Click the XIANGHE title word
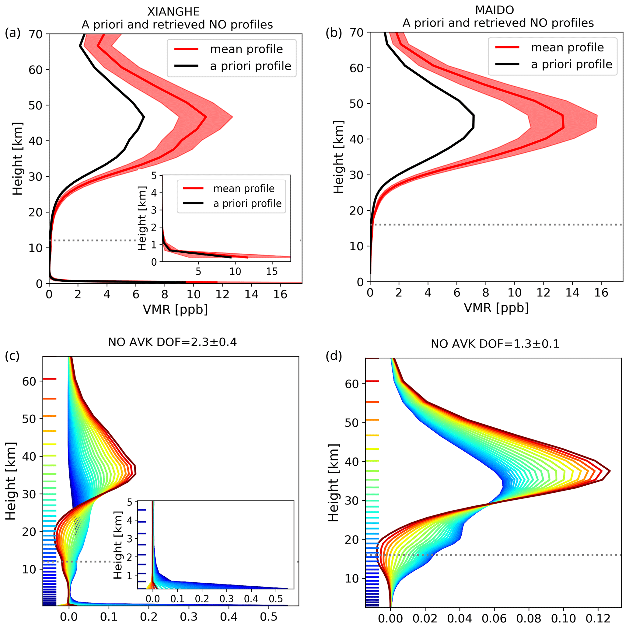(x=173, y=12)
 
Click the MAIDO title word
(x=494, y=10)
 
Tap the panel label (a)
(x=12, y=33)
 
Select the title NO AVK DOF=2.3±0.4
(x=172, y=342)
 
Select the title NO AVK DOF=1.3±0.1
(x=495, y=344)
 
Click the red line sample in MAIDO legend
(x=507, y=47)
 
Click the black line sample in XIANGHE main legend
(x=186, y=66)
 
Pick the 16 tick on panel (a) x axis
(x=280, y=295)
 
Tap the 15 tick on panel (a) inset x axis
(x=272, y=271)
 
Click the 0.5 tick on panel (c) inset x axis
(x=276, y=599)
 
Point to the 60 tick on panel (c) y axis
(x=29, y=381)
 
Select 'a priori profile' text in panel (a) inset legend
(x=247, y=204)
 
